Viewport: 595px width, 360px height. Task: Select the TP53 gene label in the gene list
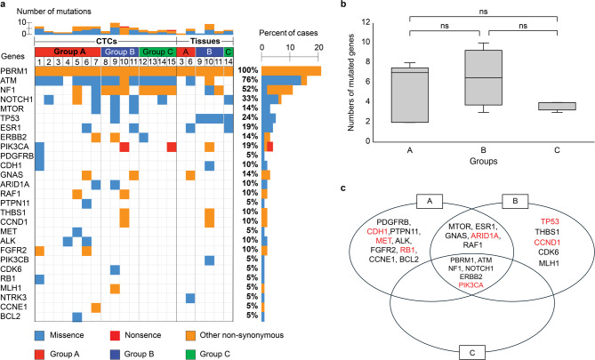(10, 118)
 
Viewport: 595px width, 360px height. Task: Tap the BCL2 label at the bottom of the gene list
(11, 316)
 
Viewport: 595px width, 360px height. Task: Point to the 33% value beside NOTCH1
(250, 99)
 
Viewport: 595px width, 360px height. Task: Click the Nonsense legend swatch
(115, 335)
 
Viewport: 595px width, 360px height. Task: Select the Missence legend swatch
(40, 335)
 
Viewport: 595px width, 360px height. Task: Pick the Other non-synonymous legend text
(242, 335)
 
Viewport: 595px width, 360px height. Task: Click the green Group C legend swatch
(190, 355)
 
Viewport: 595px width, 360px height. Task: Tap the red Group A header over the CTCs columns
(68, 52)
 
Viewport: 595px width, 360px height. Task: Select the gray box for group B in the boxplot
(483, 77)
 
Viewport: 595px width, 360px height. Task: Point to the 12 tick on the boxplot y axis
(366, 22)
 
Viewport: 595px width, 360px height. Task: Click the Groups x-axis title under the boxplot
(483, 161)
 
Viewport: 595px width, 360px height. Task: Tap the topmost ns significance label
(483, 12)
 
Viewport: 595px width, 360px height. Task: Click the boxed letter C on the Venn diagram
(472, 352)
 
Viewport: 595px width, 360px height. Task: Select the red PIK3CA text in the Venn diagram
(470, 285)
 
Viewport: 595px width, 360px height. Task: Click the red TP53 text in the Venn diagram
(550, 222)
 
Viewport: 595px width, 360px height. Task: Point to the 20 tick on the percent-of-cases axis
(318, 47)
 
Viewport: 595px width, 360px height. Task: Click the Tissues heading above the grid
(205, 41)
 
